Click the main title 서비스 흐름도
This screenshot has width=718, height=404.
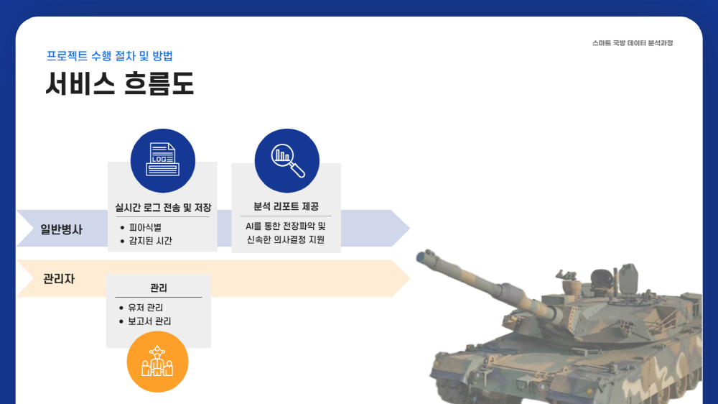(119, 83)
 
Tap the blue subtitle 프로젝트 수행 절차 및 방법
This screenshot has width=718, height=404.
(109, 56)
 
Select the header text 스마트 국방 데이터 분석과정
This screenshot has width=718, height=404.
(633, 43)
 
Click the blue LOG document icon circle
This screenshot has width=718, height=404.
(162, 160)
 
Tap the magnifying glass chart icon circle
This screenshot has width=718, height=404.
(286, 160)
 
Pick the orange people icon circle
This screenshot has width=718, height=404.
(157, 362)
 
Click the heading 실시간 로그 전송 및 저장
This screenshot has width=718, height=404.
(163, 208)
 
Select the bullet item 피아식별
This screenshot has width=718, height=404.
(145, 227)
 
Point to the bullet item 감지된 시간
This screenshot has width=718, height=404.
(150, 241)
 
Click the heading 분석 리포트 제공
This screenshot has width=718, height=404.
(286, 206)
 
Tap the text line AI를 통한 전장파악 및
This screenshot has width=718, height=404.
(286, 226)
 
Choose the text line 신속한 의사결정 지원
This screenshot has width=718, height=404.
(286, 239)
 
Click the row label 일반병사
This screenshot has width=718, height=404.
(61, 229)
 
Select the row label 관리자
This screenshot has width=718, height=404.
(59, 279)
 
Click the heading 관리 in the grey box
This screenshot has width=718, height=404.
(159, 288)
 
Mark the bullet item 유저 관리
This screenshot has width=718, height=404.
(145, 308)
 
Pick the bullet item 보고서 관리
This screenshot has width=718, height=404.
(149, 321)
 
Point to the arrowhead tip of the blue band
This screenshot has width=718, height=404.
(409, 228)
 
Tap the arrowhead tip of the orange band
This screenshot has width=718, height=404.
(409, 278)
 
